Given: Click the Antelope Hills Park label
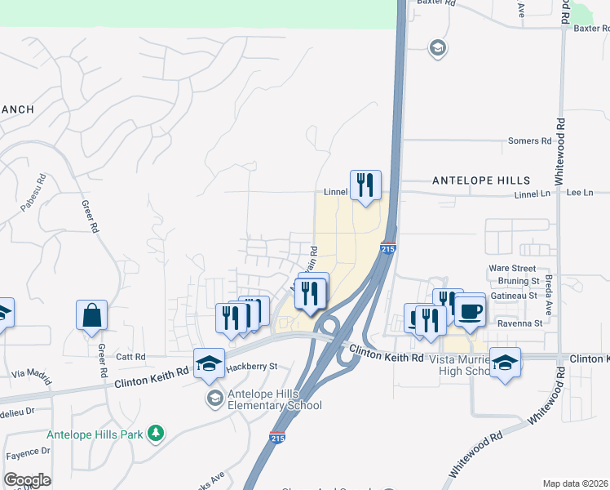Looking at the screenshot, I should point(96,434).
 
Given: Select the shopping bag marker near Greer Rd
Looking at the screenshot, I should point(91,315).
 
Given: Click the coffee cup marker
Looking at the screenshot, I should point(471,310).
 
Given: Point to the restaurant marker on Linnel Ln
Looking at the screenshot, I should point(365,185).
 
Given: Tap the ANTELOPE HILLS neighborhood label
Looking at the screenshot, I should point(480,180).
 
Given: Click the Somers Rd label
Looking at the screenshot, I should point(529,141).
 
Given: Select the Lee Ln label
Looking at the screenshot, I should point(579,193).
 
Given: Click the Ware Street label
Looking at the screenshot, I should point(512,268).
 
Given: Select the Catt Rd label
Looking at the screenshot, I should point(130,357).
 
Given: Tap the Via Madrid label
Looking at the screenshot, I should point(32,373).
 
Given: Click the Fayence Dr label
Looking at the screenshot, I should point(28,452).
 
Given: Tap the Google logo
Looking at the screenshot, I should point(27,480).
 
